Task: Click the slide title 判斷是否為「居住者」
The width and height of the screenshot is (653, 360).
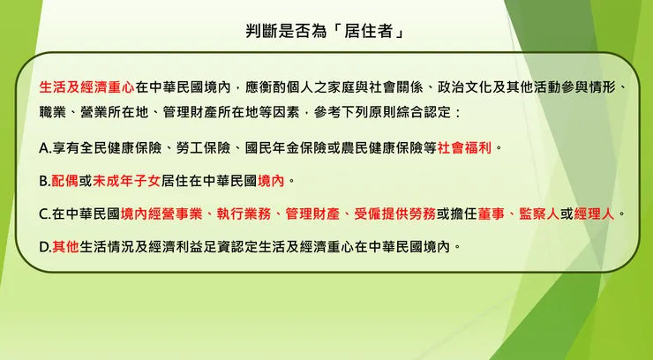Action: (326, 32)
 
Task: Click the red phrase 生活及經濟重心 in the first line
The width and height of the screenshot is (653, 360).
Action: (87, 89)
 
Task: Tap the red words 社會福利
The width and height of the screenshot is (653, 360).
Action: (465, 146)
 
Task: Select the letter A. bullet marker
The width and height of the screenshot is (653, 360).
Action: (45, 146)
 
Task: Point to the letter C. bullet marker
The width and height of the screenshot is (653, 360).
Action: (45, 214)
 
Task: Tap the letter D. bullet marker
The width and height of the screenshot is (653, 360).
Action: (45, 247)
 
